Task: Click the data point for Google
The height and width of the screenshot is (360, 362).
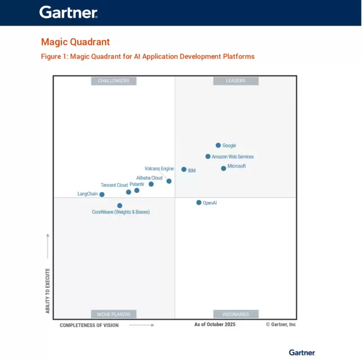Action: (x=218, y=145)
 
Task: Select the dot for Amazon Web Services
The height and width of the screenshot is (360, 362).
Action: (x=208, y=157)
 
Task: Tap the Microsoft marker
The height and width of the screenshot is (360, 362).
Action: (x=224, y=168)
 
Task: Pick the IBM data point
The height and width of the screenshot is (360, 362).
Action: (x=184, y=169)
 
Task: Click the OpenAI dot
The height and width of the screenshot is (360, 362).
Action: (x=199, y=202)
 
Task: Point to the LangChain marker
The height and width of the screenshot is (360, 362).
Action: (x=102, y=194)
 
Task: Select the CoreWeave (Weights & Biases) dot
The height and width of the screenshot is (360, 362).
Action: (x=120, y=206)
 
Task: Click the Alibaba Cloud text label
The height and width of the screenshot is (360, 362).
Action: (x=149, y=178)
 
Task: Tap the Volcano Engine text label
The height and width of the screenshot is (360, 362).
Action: (x=159, y=168)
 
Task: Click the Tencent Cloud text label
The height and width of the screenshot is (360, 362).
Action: (x=114, y=185)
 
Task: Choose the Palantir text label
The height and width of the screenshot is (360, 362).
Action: (x=137, y=184)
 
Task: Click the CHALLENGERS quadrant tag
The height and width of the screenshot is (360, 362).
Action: (x=113, y=81)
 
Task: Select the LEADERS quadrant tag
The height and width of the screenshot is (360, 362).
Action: (x=235, y=81)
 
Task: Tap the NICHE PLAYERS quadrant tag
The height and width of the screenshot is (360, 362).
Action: (x=113, y=314)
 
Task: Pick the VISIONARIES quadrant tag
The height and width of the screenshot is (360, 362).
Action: (x=235, y=314)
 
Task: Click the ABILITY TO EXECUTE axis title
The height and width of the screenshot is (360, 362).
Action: (x=48, y=290)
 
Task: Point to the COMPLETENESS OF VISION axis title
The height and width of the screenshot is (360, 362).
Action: (x=89, y=325)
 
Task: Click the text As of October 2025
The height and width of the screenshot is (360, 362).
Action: (x=215, y=324)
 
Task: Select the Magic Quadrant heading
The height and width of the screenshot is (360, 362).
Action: (x=75, y=42)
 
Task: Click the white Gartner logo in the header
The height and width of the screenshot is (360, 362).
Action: (x=68, y=12)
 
